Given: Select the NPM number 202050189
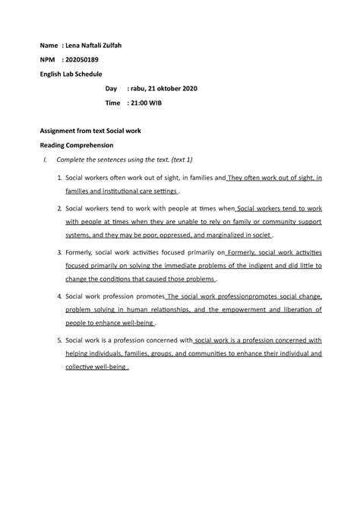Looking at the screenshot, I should coord(84,60).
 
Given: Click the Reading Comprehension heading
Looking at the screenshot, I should coord(77,144).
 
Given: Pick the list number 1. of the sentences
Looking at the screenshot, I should coord(59,178).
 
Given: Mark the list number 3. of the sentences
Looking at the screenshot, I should coord(59,251).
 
